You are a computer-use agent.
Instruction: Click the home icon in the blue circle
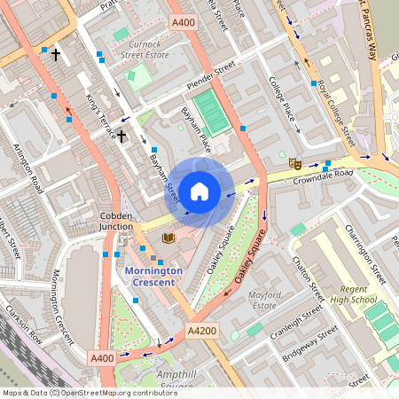[x=199, y=191]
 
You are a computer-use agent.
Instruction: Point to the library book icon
[x=168, y=238]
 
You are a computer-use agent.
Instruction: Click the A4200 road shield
[x=200, y=329]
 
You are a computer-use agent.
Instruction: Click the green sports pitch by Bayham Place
[x=211, y=112]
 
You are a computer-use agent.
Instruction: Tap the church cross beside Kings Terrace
[x=121, y=136]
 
